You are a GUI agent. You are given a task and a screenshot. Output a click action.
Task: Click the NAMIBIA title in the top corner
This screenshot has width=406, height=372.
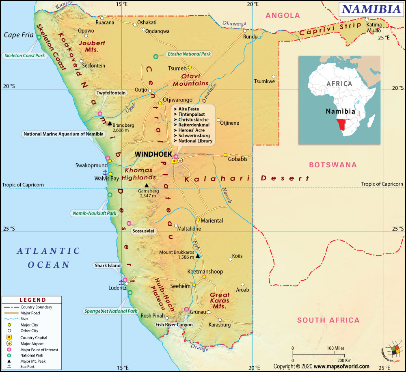tap(371, 9)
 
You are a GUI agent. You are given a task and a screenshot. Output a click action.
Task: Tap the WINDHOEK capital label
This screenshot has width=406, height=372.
tap(153, 154)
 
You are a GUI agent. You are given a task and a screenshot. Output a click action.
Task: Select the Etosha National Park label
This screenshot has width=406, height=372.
tap(190, 54)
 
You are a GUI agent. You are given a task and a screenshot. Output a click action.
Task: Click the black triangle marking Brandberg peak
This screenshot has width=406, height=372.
tap(109, 123)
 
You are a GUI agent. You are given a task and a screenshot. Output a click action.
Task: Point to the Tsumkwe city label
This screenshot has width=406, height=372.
tap(264, 81)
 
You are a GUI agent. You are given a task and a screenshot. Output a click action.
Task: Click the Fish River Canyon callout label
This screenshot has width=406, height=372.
tap(174, 324)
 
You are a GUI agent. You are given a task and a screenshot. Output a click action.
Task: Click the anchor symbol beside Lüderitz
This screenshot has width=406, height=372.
tap(121, 282)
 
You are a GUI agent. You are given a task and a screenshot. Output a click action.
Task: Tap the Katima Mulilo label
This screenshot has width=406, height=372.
tap(373, 27)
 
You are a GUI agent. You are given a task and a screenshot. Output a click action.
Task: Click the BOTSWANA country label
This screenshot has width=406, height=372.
tap(333, 165)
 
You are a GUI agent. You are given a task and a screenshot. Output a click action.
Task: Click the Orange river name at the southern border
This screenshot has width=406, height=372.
tap(199, 348)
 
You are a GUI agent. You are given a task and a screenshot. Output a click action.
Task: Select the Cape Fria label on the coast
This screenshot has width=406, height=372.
tap(18, 35)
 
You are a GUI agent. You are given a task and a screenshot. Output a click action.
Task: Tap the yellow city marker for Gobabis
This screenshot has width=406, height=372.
tap(225, 155)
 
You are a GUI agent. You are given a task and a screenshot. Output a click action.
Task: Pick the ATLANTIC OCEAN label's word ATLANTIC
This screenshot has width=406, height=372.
tap(48, 251)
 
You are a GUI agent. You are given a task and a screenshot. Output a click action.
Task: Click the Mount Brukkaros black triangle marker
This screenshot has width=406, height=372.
tap(198, 256)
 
